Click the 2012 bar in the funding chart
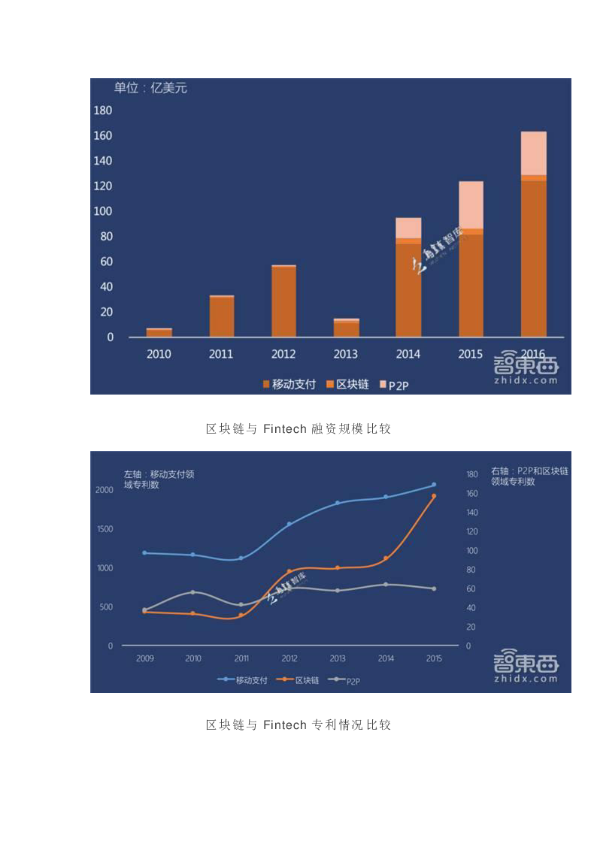click(x=283, y=301)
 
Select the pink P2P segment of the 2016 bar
click(x=533, y=153)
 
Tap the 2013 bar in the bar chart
click(x=347, y=328)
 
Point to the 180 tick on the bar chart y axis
click(x=103, y=110)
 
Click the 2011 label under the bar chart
click(x=221, y=354)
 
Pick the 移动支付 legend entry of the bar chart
click(x=289, y=384)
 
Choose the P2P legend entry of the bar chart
click(x=399, y=385)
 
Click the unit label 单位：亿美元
click(x=150, y=88)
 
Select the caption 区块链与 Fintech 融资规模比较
click(x=298, y=429)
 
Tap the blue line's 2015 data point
click(x=434, y=485)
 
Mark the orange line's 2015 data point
click(x=434, y=496)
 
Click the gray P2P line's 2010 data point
click(x=192, y=592)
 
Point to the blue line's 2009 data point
click(x=144, y=552)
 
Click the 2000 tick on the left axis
click(x=105, y=490)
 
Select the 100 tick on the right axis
click(x=472, y=551)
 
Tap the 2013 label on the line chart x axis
click(x=338, y=658)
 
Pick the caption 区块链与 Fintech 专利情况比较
click(x=298, y=725)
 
